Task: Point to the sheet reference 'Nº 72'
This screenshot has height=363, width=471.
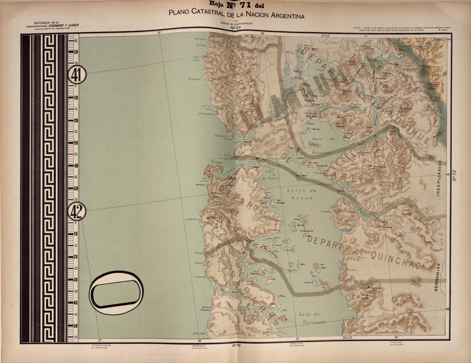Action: pos(454,176)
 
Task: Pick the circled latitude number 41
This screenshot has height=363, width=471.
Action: pos(77,75)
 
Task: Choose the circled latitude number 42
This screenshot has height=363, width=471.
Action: pos(77,211)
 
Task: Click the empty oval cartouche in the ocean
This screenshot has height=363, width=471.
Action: pos(116,293)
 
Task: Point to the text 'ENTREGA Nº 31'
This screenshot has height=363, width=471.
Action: pos(48,22)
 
